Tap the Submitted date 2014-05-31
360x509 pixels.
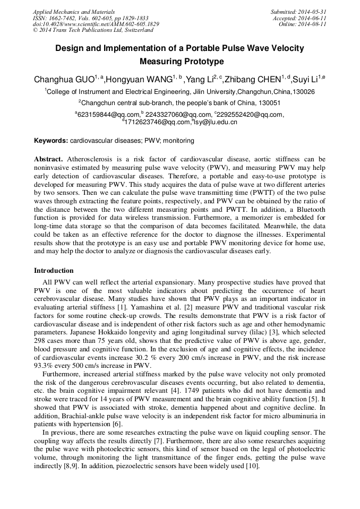313,11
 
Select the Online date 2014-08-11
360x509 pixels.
313,24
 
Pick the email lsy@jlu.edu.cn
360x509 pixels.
216,122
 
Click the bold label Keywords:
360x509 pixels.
51,141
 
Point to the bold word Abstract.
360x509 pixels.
49,159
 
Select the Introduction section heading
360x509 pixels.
54,271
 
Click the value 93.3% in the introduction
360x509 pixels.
46,366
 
